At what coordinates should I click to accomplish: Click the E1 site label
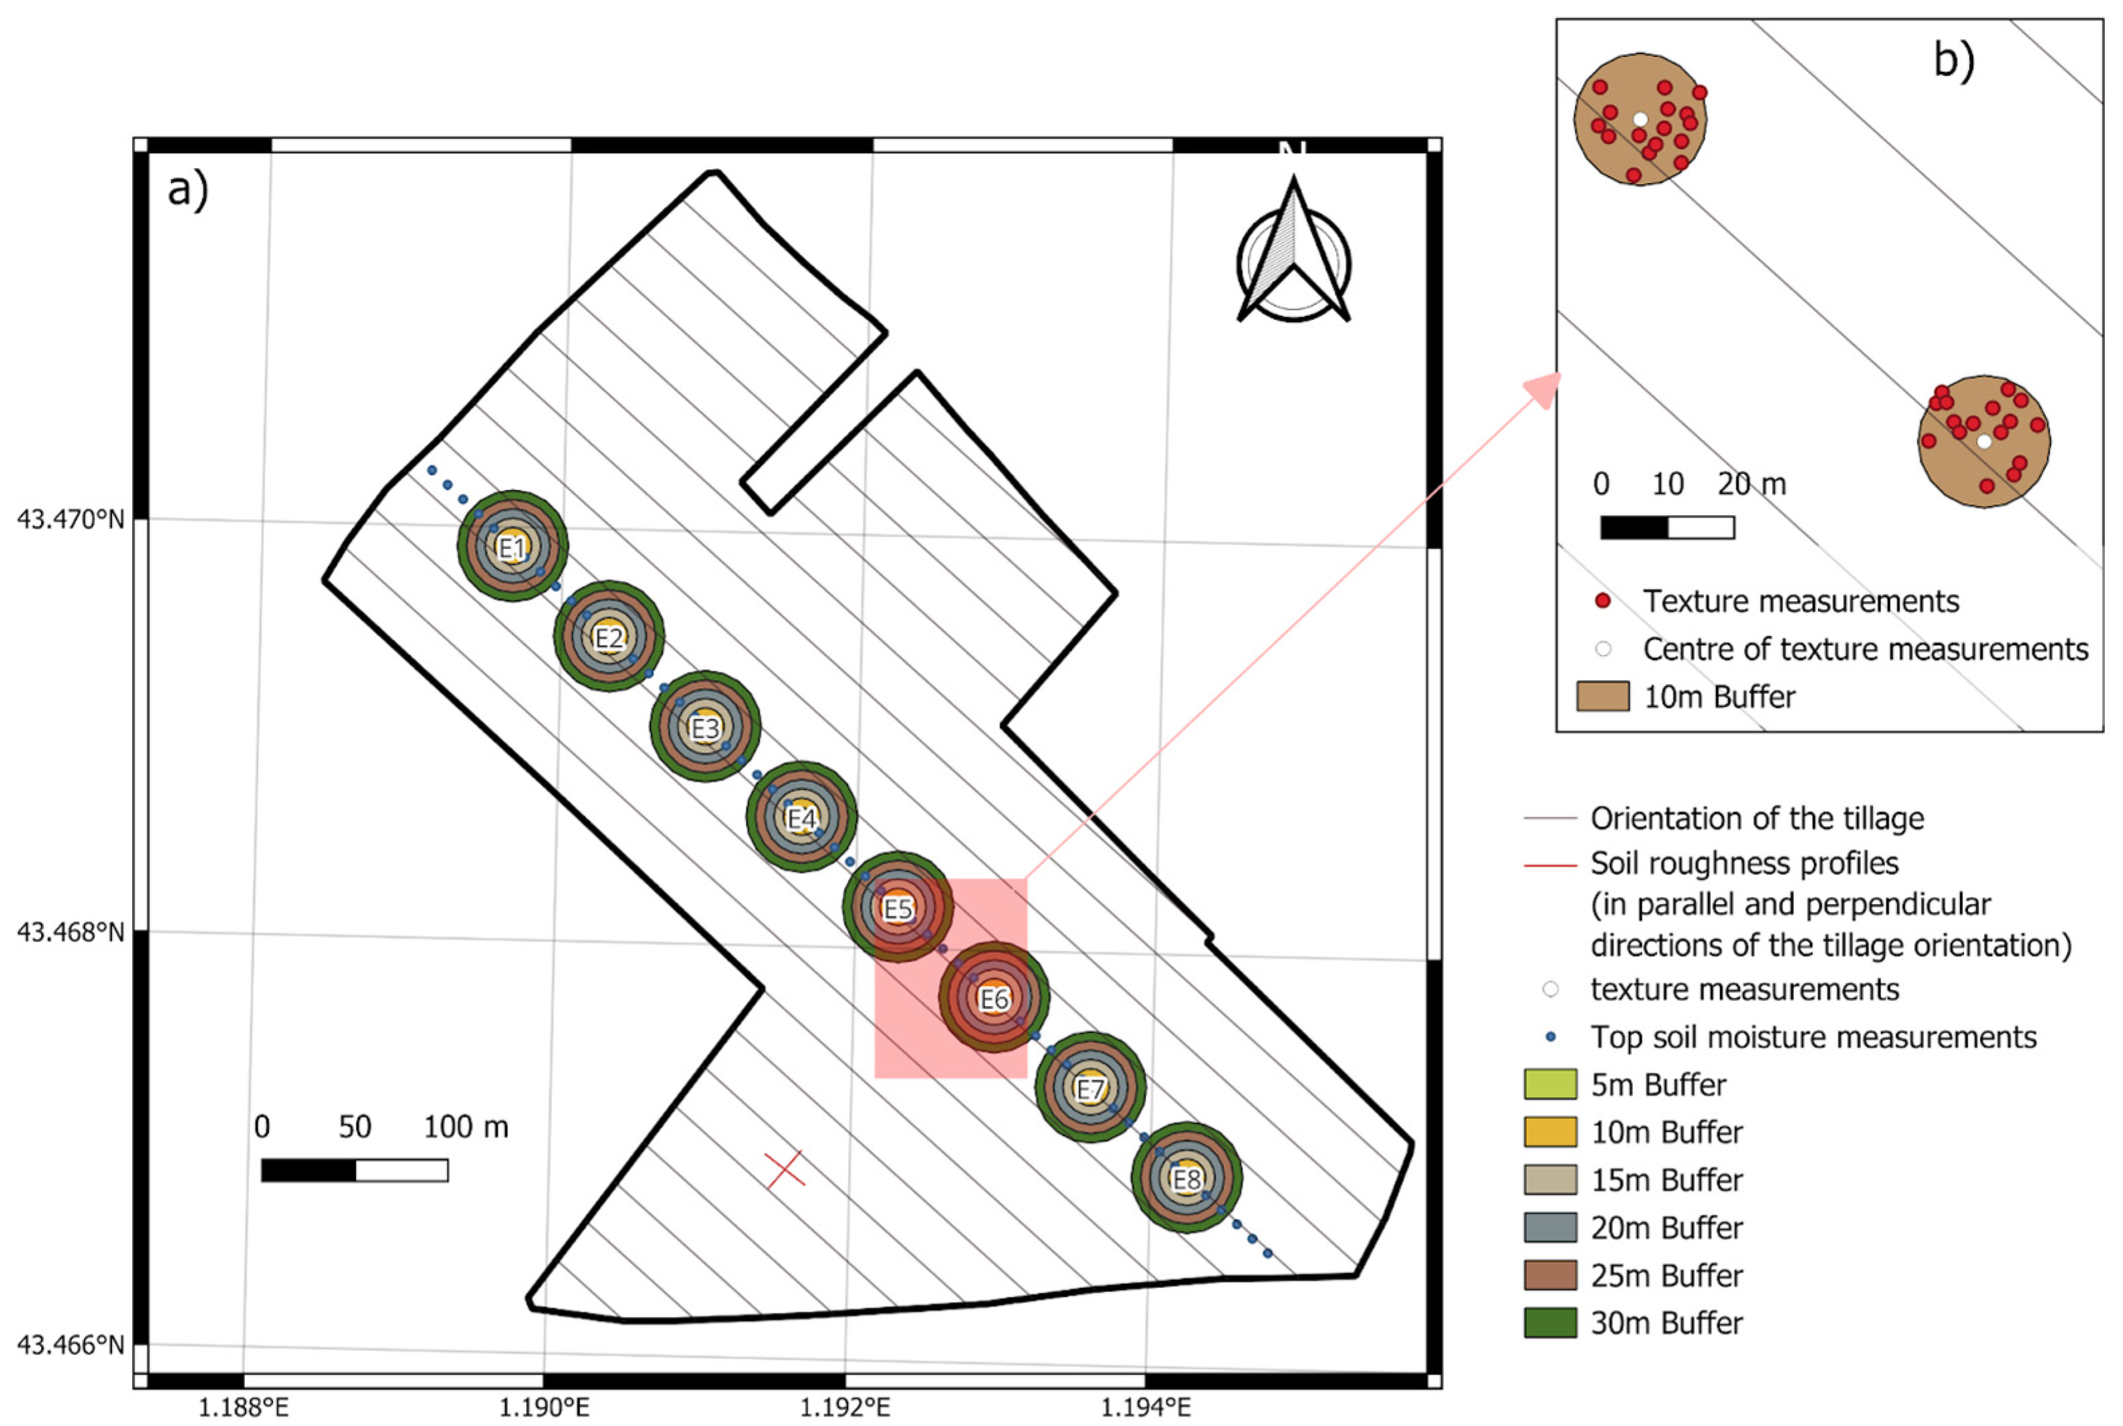tap(512, 548)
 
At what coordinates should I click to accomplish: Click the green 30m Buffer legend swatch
tap(1550, 1322)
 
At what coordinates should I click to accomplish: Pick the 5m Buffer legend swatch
tap(1550, 1084)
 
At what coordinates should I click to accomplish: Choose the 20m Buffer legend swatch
tap(1550, 1227)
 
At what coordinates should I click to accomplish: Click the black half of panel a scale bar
tap(308, 1171)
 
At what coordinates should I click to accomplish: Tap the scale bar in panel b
tap(1667, 527)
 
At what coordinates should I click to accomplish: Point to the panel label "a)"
tap(188, 191)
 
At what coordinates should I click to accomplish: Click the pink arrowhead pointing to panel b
tap(1544, 389)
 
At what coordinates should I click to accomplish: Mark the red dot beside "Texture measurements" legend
tap(1603, 601)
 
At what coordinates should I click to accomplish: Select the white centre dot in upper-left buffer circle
tap(1640, 119)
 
